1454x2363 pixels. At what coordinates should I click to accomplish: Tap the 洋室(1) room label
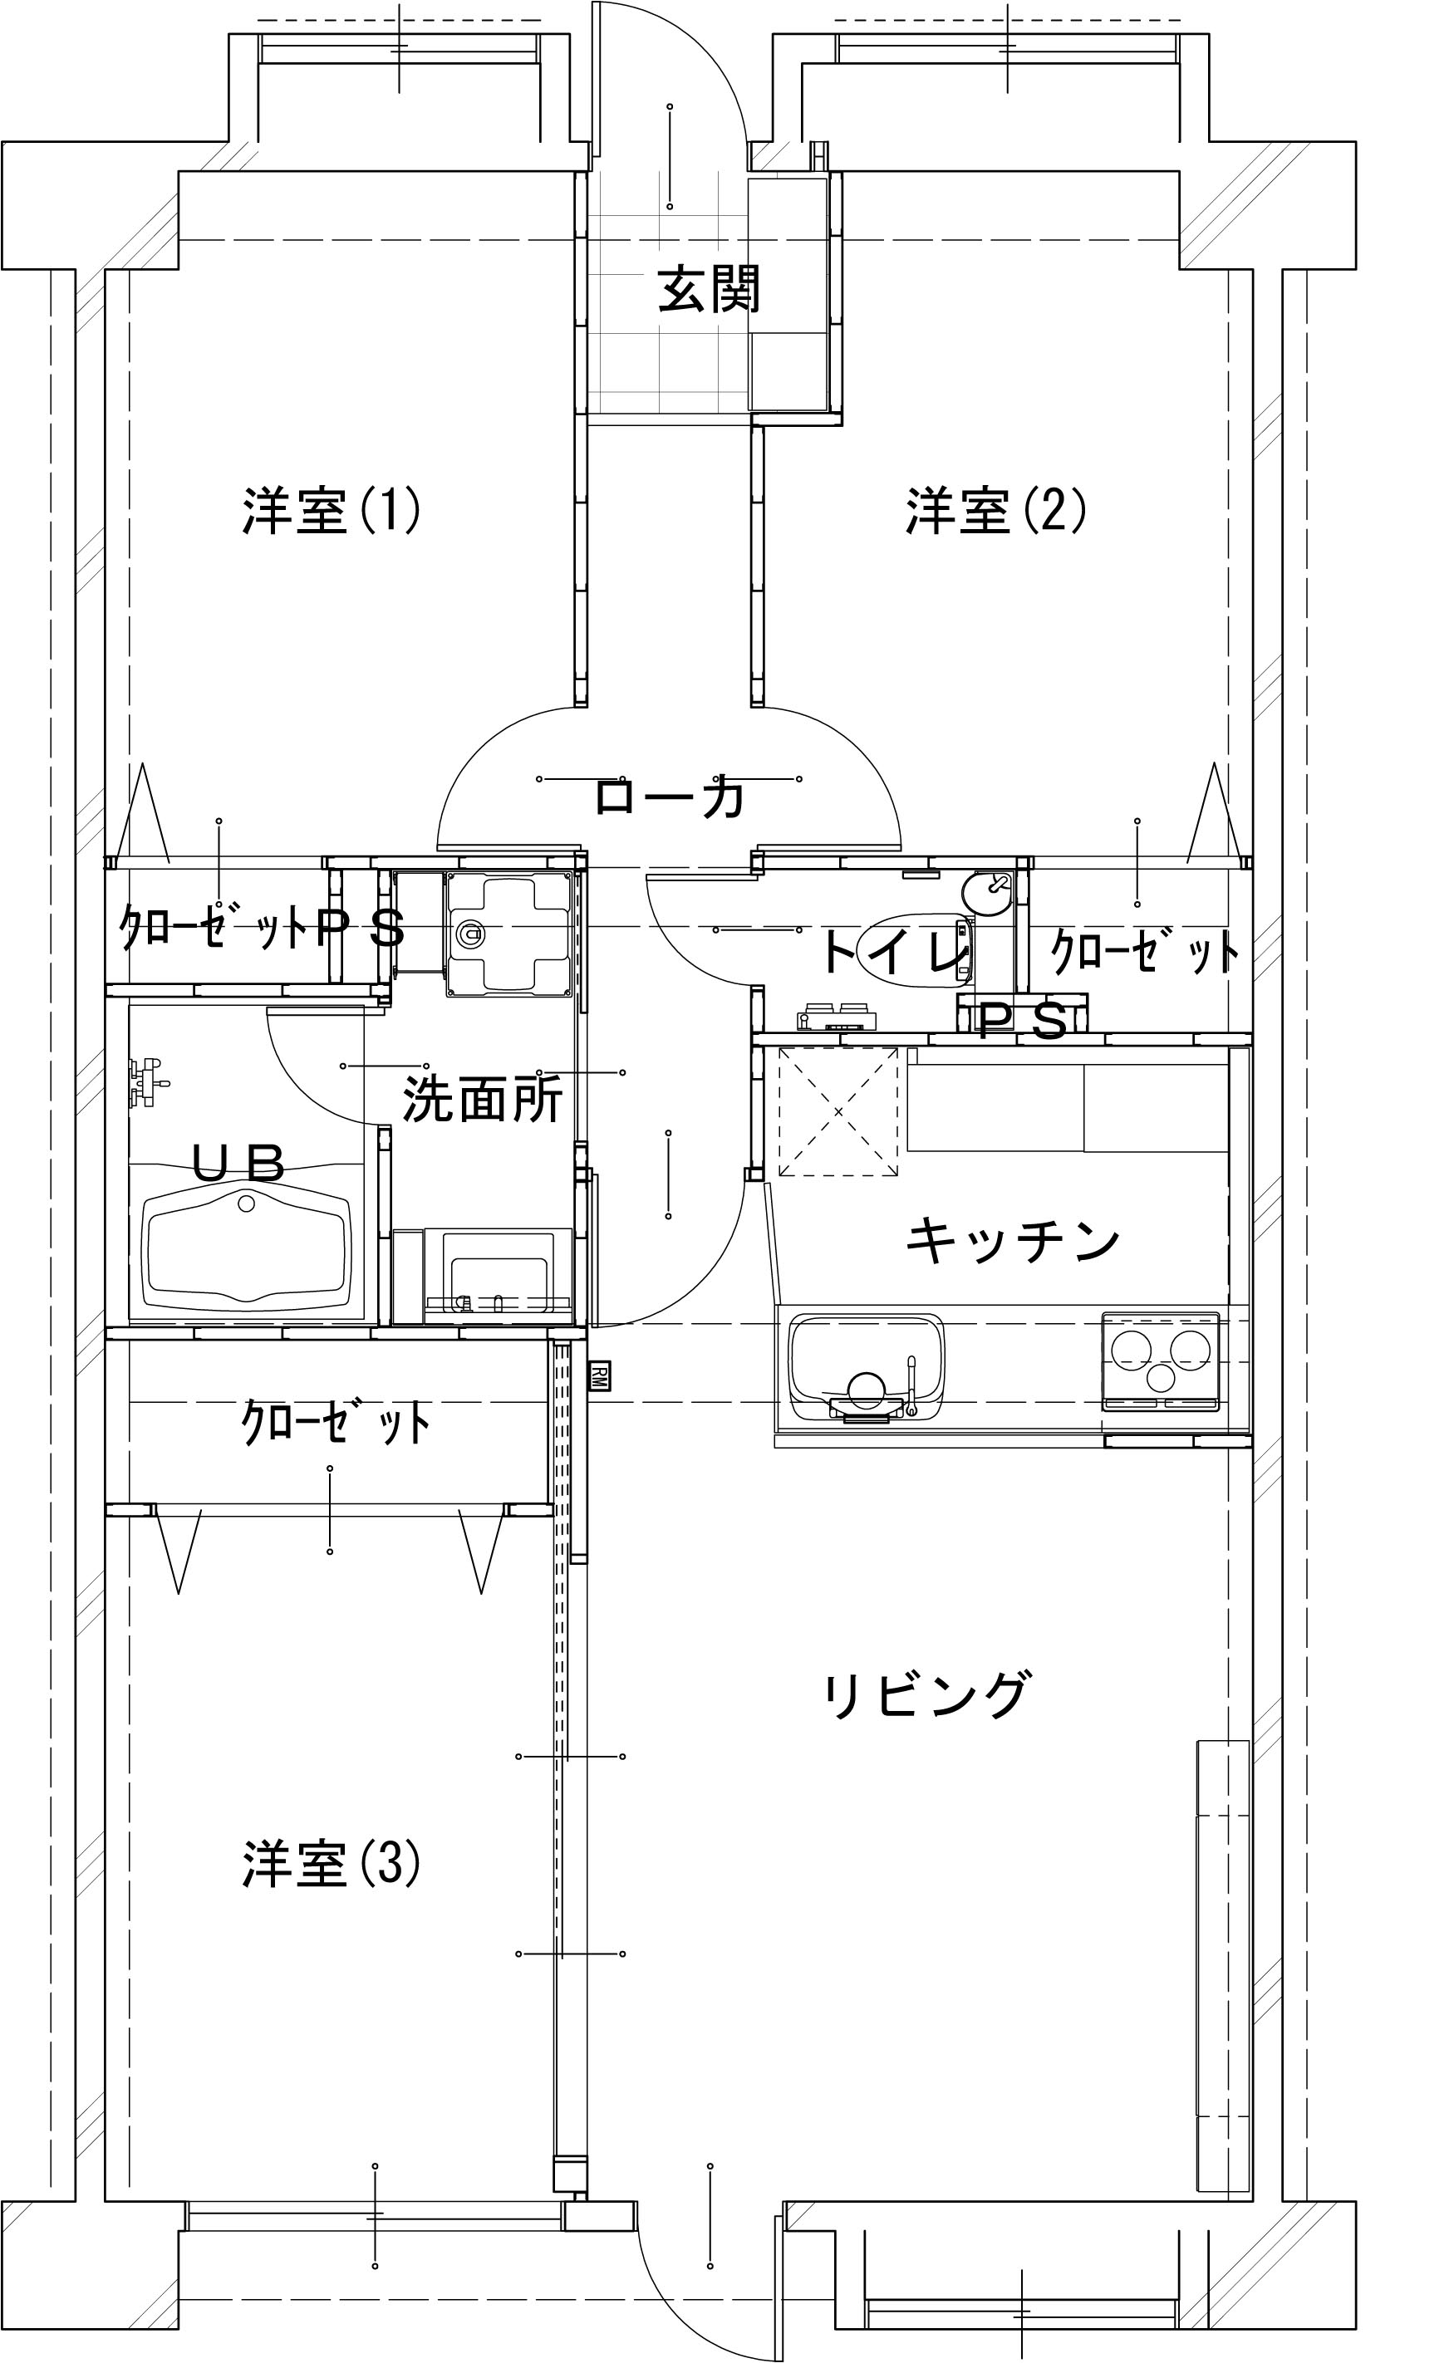tap(331, 511)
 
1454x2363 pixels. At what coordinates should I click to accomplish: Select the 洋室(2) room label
tap(996, 511)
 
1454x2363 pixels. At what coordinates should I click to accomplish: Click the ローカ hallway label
tap(671, 797)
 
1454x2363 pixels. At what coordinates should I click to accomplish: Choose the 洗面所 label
tap(482, 1099)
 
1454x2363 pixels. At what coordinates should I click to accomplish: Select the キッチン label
tap(1014, 1239)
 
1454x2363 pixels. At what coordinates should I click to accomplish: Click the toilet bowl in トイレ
tap(916, 953)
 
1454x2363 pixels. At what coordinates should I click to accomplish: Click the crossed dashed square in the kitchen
tap(838, 1111)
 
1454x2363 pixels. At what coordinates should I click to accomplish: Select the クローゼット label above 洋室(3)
tap(335, 1423)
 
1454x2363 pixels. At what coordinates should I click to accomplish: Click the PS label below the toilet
tap(1023, 1021)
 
